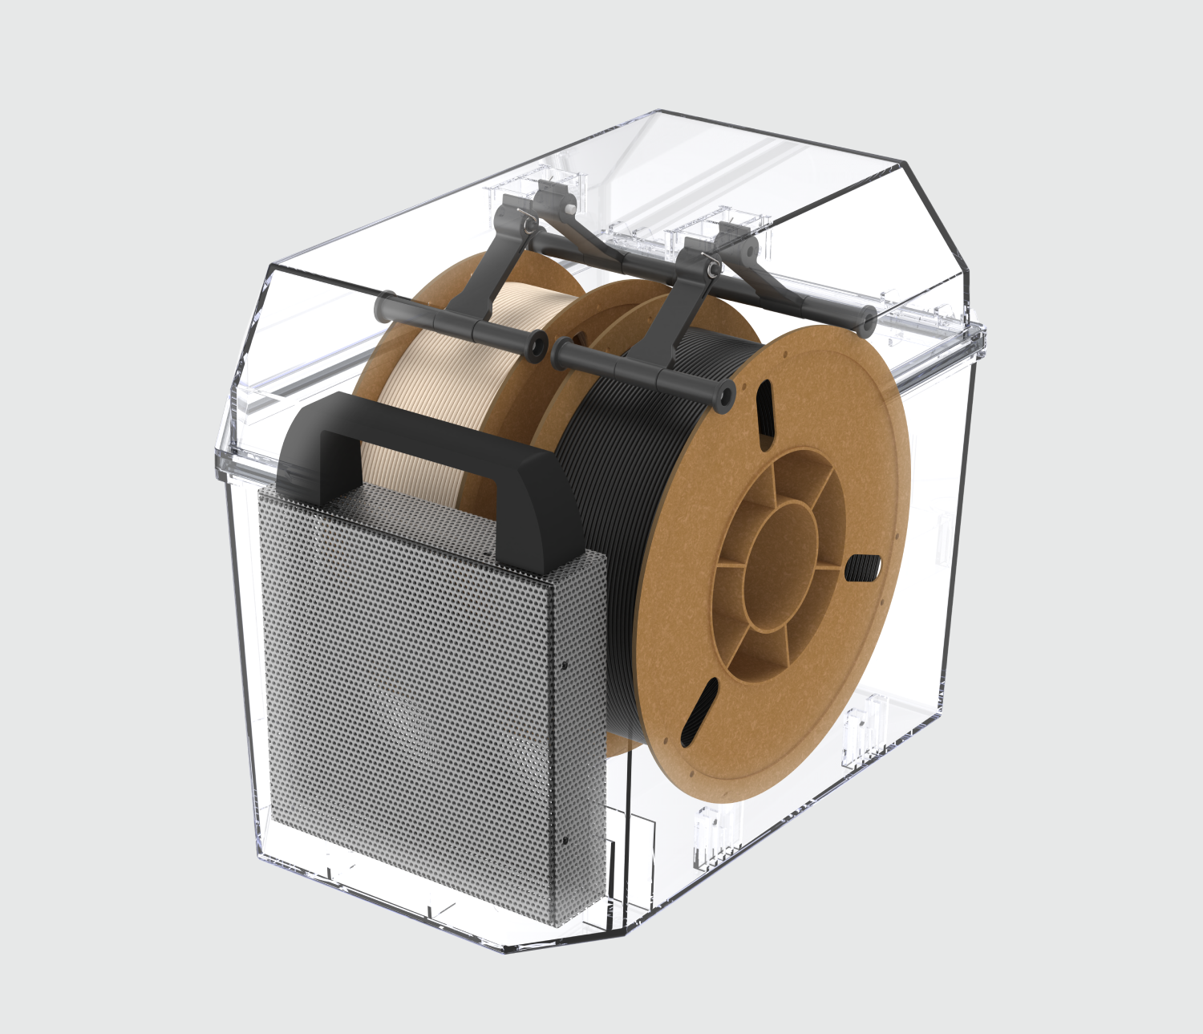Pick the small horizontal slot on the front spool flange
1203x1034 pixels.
tap(862, 567)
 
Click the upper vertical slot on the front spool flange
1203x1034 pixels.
tap(764, 409)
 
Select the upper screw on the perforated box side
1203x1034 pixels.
tap(565, 665)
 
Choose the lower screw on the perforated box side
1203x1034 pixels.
tap(565, 840)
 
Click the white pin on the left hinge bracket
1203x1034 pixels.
tap(568, 207)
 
